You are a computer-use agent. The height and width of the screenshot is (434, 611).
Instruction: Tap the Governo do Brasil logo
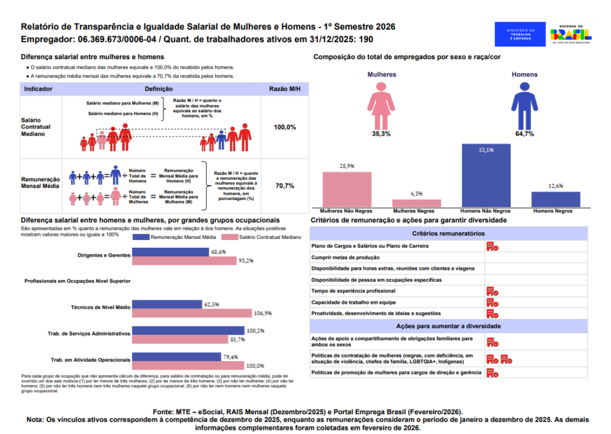coord(570,35)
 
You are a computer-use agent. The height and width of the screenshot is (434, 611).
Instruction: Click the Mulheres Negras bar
coord(416,203)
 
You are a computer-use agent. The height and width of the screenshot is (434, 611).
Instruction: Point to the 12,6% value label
coord(556,186)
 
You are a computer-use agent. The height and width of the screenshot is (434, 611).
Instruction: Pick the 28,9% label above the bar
coord(347,166)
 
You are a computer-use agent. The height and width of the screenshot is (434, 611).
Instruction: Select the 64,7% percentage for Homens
coord(524,134)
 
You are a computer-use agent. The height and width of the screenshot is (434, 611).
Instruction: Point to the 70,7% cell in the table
coord(285,186)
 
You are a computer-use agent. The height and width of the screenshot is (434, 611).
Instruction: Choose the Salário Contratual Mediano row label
coord(36,127)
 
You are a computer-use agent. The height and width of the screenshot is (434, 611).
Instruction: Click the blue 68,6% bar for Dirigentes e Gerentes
coord(170,252)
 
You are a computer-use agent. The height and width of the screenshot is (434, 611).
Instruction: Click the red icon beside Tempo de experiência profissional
coord(492,291)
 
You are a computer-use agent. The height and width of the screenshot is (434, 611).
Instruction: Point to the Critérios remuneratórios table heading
coord(448,233)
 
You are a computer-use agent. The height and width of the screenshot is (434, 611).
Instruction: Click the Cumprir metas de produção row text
coord(345,257)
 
